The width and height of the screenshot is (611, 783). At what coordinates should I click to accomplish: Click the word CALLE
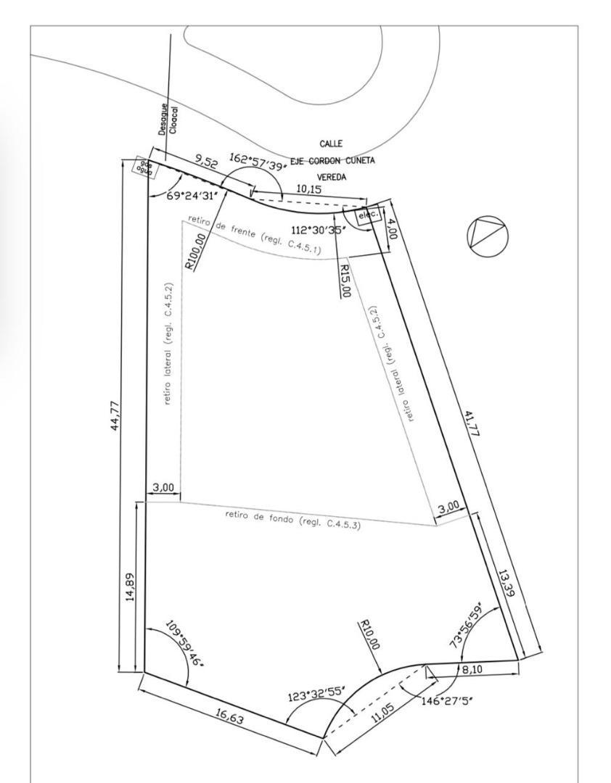click(331, 144)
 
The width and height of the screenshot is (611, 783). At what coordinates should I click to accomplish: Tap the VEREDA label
click(332, 176)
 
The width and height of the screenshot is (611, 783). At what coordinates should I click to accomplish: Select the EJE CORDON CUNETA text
click(332, 160)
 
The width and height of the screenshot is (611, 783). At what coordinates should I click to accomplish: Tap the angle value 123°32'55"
click(314, 695)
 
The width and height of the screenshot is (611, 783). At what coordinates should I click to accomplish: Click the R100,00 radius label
click(197, 251)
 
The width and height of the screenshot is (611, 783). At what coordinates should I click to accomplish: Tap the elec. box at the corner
click(369, 215)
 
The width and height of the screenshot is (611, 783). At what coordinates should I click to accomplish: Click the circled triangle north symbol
click(488, 236)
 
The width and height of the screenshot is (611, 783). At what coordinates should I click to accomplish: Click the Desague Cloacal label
click(168, 118)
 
